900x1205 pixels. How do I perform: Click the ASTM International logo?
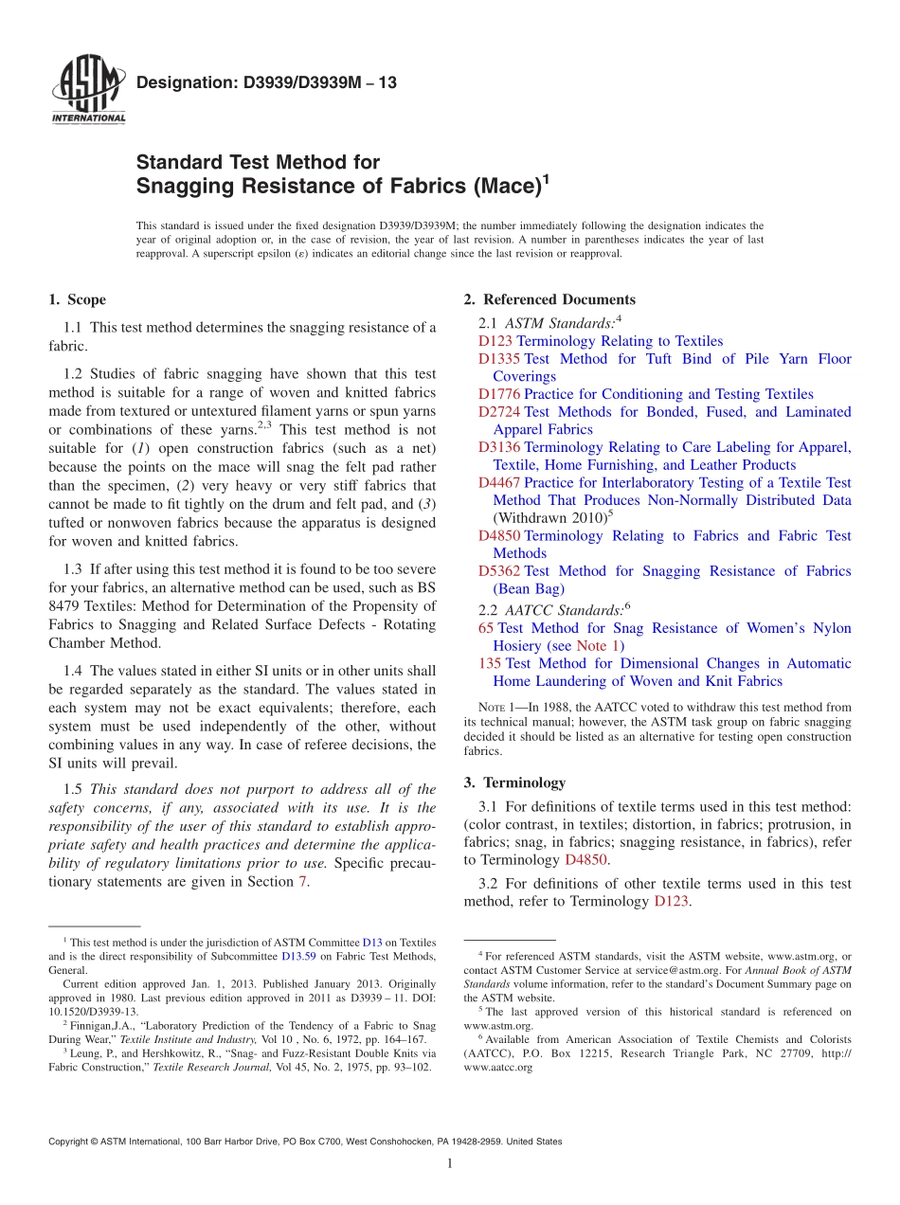(x=87, y=90)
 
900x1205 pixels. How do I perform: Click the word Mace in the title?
(x=503, y=187)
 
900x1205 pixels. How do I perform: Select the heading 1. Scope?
(x=78, y=299)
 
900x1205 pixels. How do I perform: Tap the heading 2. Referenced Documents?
(x=549, y=299)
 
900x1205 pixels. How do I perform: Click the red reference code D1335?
(x=499, y=359)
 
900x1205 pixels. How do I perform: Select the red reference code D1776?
(x=499, y=394)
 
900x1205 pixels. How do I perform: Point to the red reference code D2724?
(x=499, y=412)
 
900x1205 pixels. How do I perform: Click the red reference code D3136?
(x=499, y=447)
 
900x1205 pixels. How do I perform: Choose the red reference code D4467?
(x=499, y=483)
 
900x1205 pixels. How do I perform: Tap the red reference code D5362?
(x=499, y=571)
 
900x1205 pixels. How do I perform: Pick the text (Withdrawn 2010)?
(x=549, y=518)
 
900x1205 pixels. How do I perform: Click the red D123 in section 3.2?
(x=671, y=902)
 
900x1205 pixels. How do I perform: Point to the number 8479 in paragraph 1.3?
(x=65, y=606)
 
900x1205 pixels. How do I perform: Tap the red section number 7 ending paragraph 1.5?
(x=303, y=882)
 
